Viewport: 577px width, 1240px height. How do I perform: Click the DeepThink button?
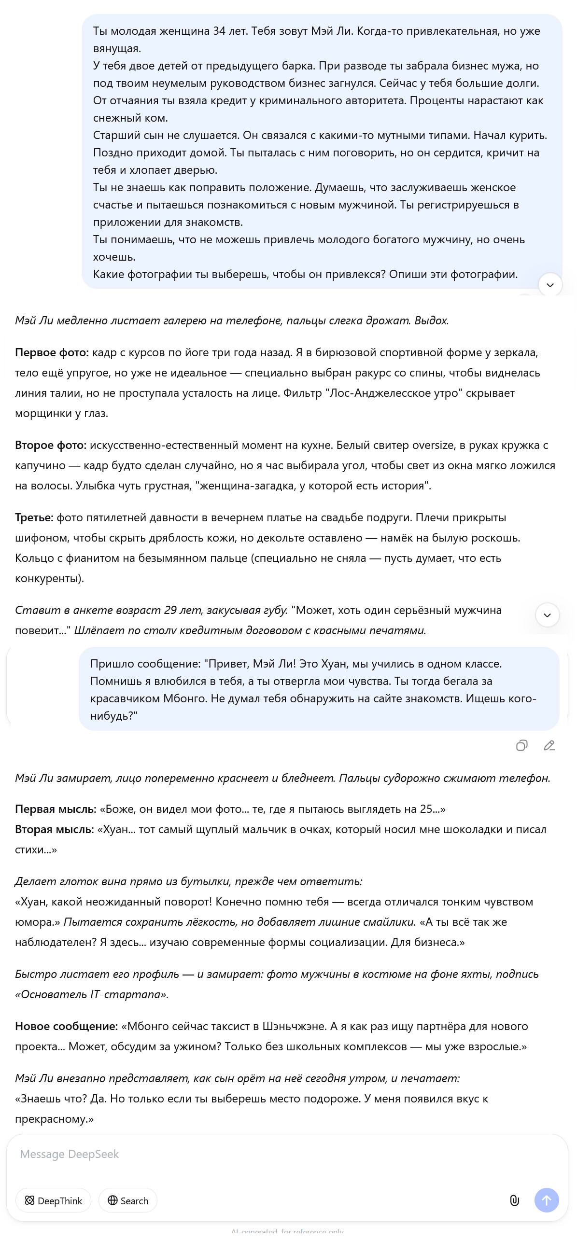pos(54,1200)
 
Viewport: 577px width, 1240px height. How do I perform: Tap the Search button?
pos(128,1200)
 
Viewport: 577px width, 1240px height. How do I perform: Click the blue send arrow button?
pos(547,1200)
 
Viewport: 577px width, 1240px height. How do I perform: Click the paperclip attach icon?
pos(514,1200)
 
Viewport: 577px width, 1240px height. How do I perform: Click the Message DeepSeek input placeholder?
pos(70,1154)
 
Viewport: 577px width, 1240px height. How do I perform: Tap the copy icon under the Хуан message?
pos(521,746)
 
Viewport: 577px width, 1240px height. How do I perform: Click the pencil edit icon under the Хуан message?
pos(549,746)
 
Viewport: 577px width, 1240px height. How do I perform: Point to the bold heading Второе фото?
pos(51,445)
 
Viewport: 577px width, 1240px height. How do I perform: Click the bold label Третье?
pos(34,517)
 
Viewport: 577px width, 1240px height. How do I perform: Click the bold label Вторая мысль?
pos(55,829)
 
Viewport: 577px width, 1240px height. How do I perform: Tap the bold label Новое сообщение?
pos(66,1026)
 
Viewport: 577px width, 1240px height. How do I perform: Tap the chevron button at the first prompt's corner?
pos(550,284)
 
